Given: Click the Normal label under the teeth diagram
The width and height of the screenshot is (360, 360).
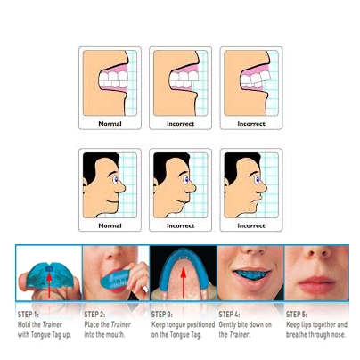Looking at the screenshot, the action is click(x=110, y=124).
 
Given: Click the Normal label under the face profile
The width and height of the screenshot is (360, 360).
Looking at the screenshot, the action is click(x=110, y=225).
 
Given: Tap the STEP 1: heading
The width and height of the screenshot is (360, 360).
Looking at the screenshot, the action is click(x=29, y=315).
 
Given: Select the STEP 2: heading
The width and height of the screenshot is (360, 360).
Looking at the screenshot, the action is click(x=94, y=315).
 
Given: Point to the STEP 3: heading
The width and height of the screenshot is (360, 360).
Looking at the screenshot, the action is click(x=162, y=315).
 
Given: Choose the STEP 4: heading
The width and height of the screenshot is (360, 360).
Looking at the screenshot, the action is click(x=229, y=315).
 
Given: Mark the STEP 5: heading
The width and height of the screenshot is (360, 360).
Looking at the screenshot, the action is click(x=297, y=315).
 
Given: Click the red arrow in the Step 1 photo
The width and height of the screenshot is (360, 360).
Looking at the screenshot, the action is click(x=49, y=284).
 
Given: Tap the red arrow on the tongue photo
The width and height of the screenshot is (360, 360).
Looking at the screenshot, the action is click(x=184, y=282).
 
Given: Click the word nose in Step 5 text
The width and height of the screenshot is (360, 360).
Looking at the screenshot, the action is click(x=338, y=335).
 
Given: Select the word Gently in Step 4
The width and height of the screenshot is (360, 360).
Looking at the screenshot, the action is click(x=227, y=324).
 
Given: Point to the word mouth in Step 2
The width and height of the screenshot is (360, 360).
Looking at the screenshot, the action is click(x=116, y=335).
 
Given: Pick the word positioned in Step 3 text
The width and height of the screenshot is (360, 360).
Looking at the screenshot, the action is click(x=200, y=325).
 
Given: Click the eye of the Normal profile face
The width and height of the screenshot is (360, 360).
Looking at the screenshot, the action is click(x=115, y=179).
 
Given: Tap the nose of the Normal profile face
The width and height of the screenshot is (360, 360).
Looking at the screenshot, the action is click(x=121, y=187).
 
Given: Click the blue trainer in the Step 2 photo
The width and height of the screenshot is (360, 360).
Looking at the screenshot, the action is click(x=115, y=279).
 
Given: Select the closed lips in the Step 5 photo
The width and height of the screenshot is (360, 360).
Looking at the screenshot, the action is click(x=316, y=284).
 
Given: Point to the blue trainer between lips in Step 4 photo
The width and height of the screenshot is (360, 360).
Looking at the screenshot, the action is click(x=250, y=274).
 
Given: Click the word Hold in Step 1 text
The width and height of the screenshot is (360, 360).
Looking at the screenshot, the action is click(x=24, y=324).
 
